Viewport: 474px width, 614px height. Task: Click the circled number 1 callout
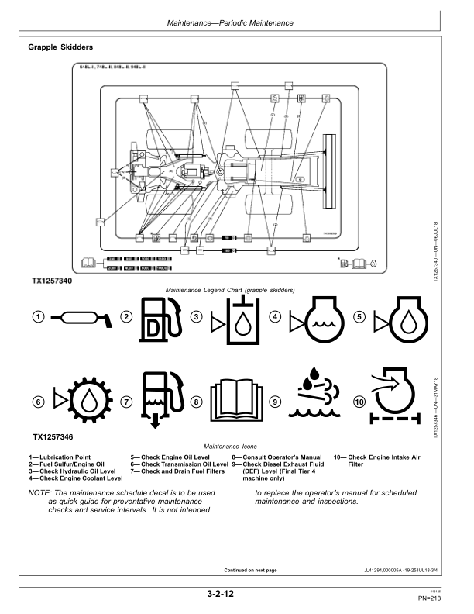point(36,316)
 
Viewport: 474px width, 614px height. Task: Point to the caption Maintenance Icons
point(237,447)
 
